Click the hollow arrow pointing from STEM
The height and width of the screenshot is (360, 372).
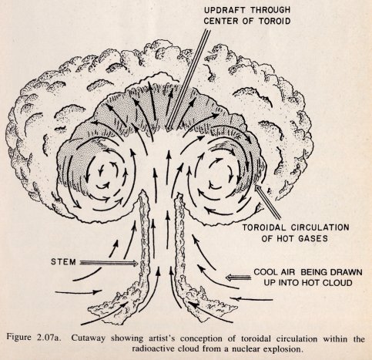click(x=109, y=263)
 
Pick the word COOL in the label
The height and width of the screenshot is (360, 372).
click(x=266, y=272)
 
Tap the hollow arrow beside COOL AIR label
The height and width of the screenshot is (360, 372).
click(x=238, y=278)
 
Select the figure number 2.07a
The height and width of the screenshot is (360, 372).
click(x=49, y=337)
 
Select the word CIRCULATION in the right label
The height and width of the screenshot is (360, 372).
click(x=320, y=227)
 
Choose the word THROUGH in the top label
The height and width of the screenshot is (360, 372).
click(x=270, y=10)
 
